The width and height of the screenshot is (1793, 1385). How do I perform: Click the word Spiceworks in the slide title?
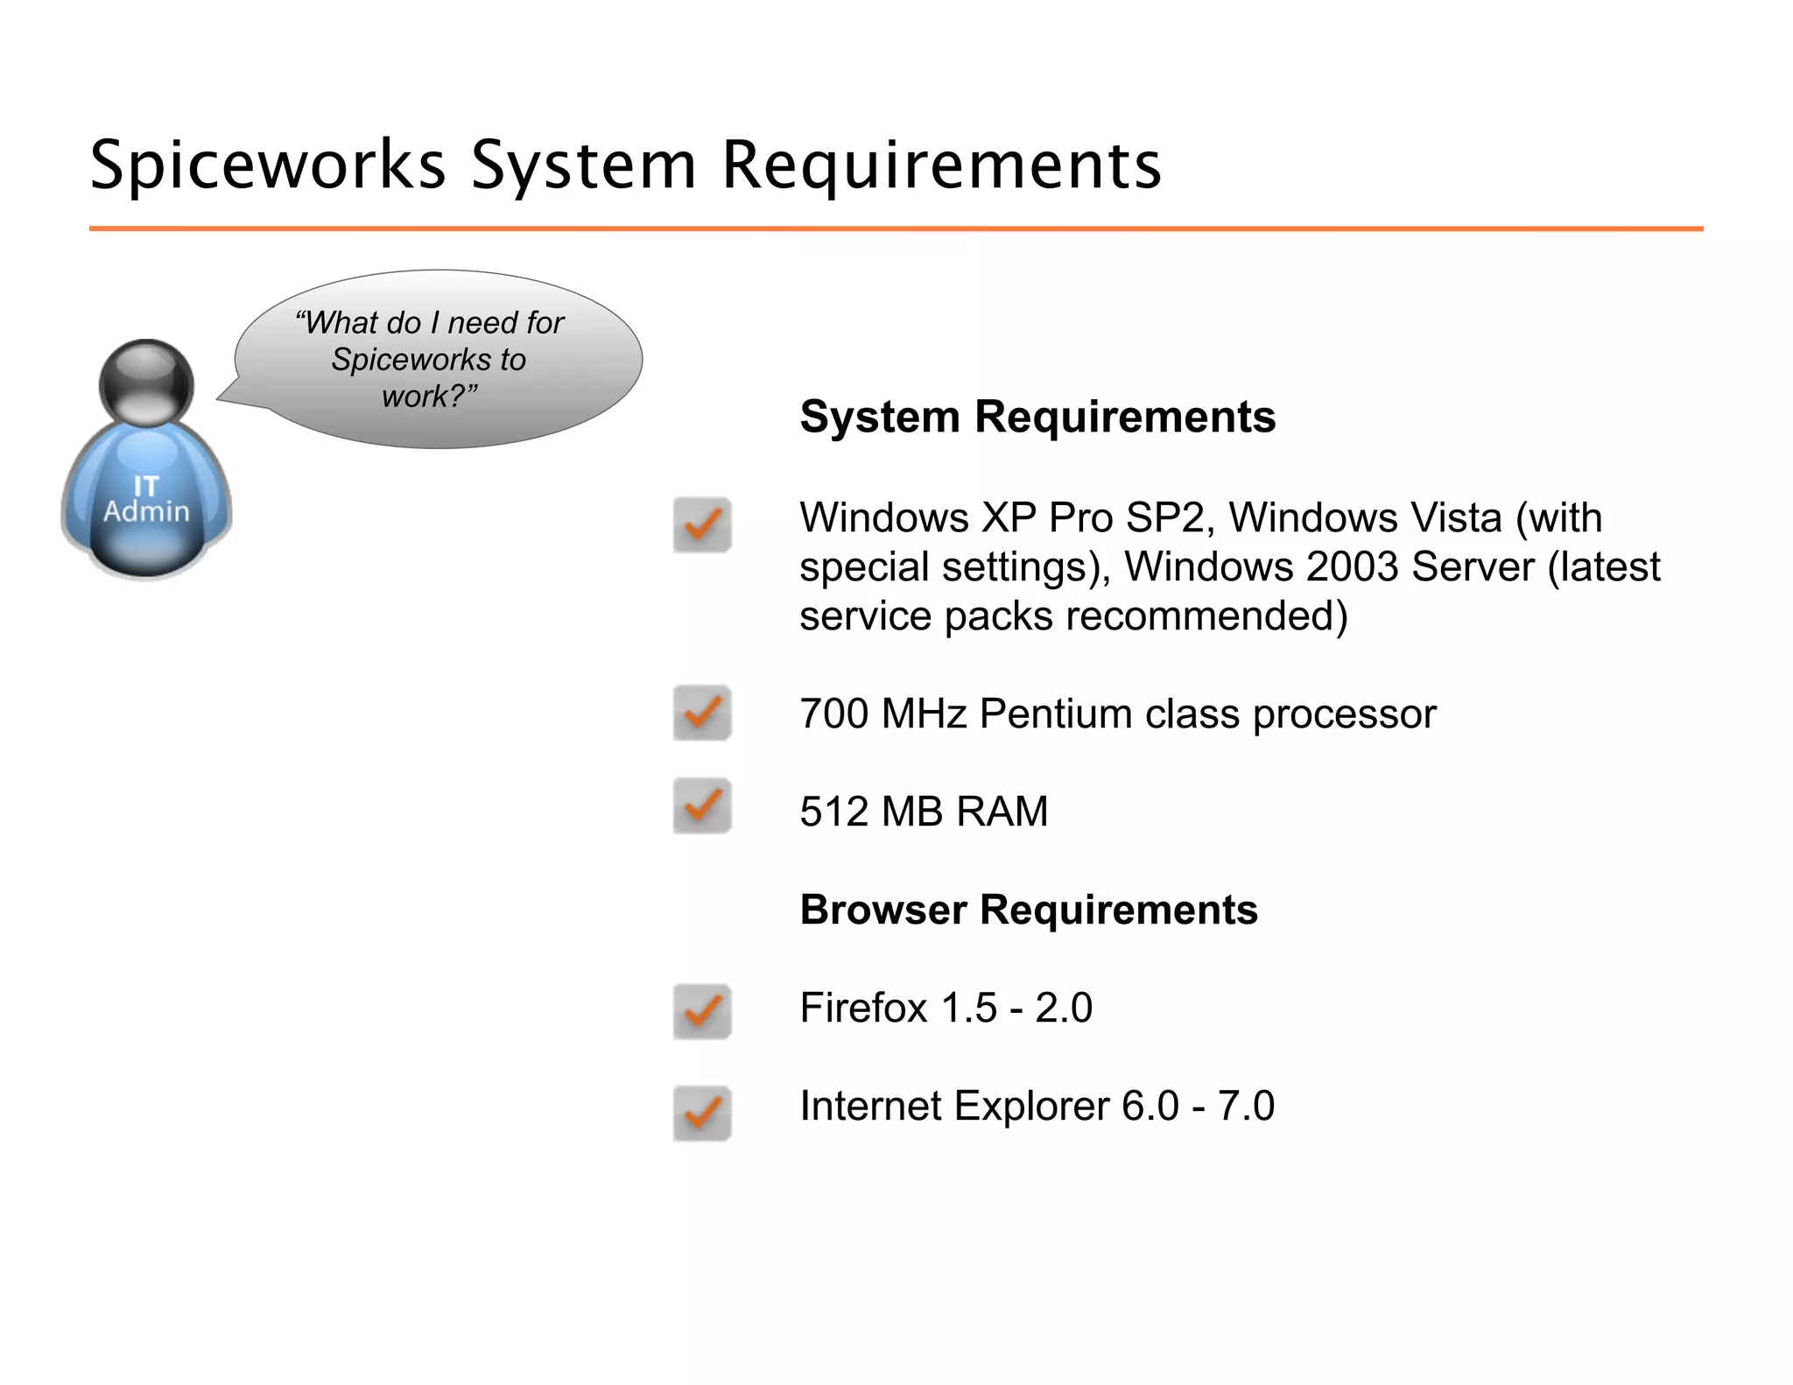268,165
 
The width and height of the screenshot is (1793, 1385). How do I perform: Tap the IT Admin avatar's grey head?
146,383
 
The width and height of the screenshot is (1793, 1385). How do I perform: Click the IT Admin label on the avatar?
146,500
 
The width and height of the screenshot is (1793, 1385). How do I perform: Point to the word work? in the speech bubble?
429,397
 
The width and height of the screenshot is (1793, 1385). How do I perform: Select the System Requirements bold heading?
1037,417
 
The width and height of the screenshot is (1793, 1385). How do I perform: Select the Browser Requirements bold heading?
1029,910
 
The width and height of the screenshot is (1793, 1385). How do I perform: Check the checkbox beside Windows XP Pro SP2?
702,525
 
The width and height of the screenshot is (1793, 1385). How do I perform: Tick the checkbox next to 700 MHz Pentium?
702,713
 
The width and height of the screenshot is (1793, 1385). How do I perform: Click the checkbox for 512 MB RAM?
702,805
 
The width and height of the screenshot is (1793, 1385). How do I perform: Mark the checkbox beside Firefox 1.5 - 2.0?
702,1012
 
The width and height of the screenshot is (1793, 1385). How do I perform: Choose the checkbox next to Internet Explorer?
702,1114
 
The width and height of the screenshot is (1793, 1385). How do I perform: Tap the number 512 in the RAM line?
833,812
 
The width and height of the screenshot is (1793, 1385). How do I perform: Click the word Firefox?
862,1008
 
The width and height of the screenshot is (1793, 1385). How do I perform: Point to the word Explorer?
1032,1106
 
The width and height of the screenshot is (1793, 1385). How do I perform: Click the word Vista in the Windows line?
1452,517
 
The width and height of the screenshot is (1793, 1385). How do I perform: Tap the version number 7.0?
1246,1106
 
